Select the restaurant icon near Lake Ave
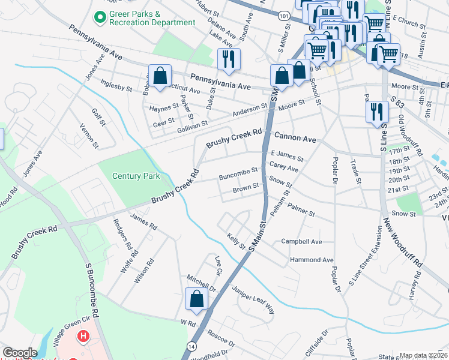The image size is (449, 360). pos(228,59)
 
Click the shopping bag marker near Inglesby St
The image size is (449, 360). pos(160,76)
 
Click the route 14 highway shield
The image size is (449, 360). pos(191,346)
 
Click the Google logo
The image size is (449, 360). pos(20,353)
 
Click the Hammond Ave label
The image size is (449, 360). pos(311,260)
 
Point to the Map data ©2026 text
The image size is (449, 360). pos(423,355)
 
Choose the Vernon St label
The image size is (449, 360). pos(89,135)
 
